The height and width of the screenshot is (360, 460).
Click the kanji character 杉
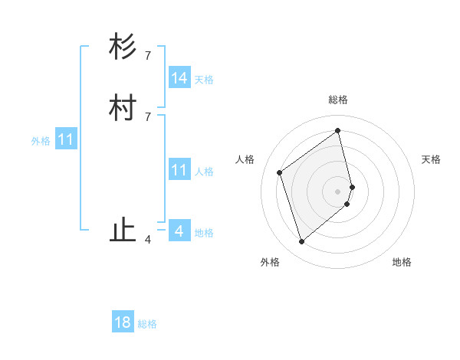[123, 47]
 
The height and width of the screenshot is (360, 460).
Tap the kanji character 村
[123, 108]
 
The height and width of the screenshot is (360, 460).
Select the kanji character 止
[123, 231]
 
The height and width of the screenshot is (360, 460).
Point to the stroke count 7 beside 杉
[148, 55]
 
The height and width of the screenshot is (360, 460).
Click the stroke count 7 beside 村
[148, 116]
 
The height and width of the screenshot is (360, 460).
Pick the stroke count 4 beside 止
[148, 240]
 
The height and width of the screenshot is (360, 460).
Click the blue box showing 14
[179, 78]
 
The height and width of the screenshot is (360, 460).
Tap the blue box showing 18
[123, 322]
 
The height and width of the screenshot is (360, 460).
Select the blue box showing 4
[179, 231]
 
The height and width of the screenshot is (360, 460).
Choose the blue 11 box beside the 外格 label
[66, 140]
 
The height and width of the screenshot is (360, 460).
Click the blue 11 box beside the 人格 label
[179, 170]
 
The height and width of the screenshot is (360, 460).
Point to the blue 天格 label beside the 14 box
[204, 80]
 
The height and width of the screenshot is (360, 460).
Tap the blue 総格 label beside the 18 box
[147, 324]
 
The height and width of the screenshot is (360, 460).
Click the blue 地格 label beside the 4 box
[204, 233]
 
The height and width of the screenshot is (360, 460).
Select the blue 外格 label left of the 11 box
[41, 141]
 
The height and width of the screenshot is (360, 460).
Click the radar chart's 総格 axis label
[338, 100]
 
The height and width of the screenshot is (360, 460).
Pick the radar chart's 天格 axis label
[431, 159]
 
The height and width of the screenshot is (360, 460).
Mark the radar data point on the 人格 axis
[280, 172]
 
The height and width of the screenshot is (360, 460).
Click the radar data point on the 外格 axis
[301, 242]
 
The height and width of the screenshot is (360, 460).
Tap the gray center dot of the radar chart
[338, 191]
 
